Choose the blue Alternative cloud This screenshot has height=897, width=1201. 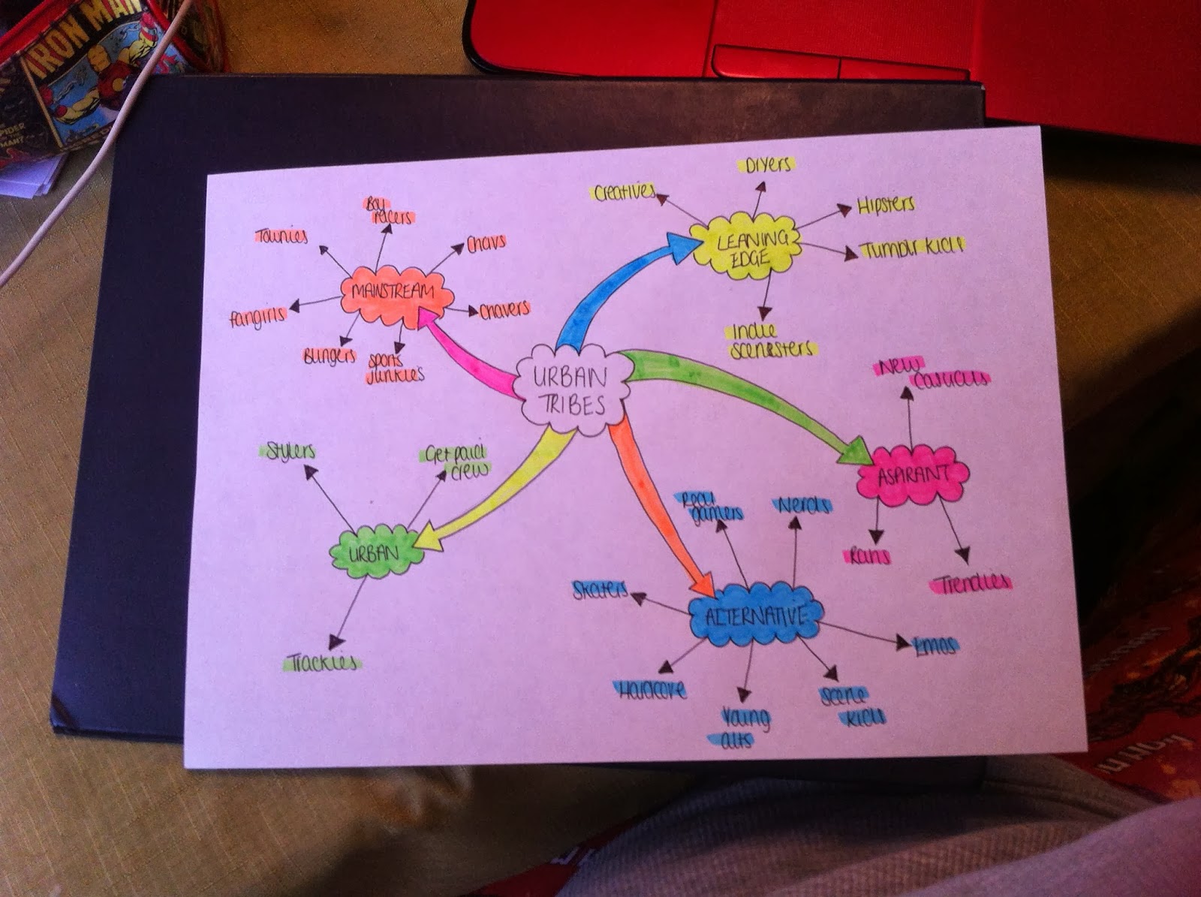pos(755,616)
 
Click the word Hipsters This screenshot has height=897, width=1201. pos(886,205)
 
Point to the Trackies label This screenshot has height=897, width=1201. pos(323,664)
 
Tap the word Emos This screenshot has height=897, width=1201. pos(935,646)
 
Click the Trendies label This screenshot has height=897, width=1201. pos(972,583)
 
